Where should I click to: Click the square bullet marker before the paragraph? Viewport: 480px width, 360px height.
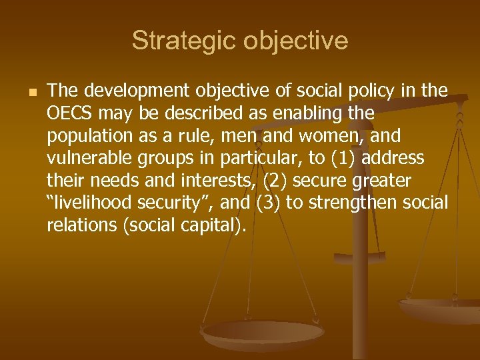[x=25, y=91]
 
